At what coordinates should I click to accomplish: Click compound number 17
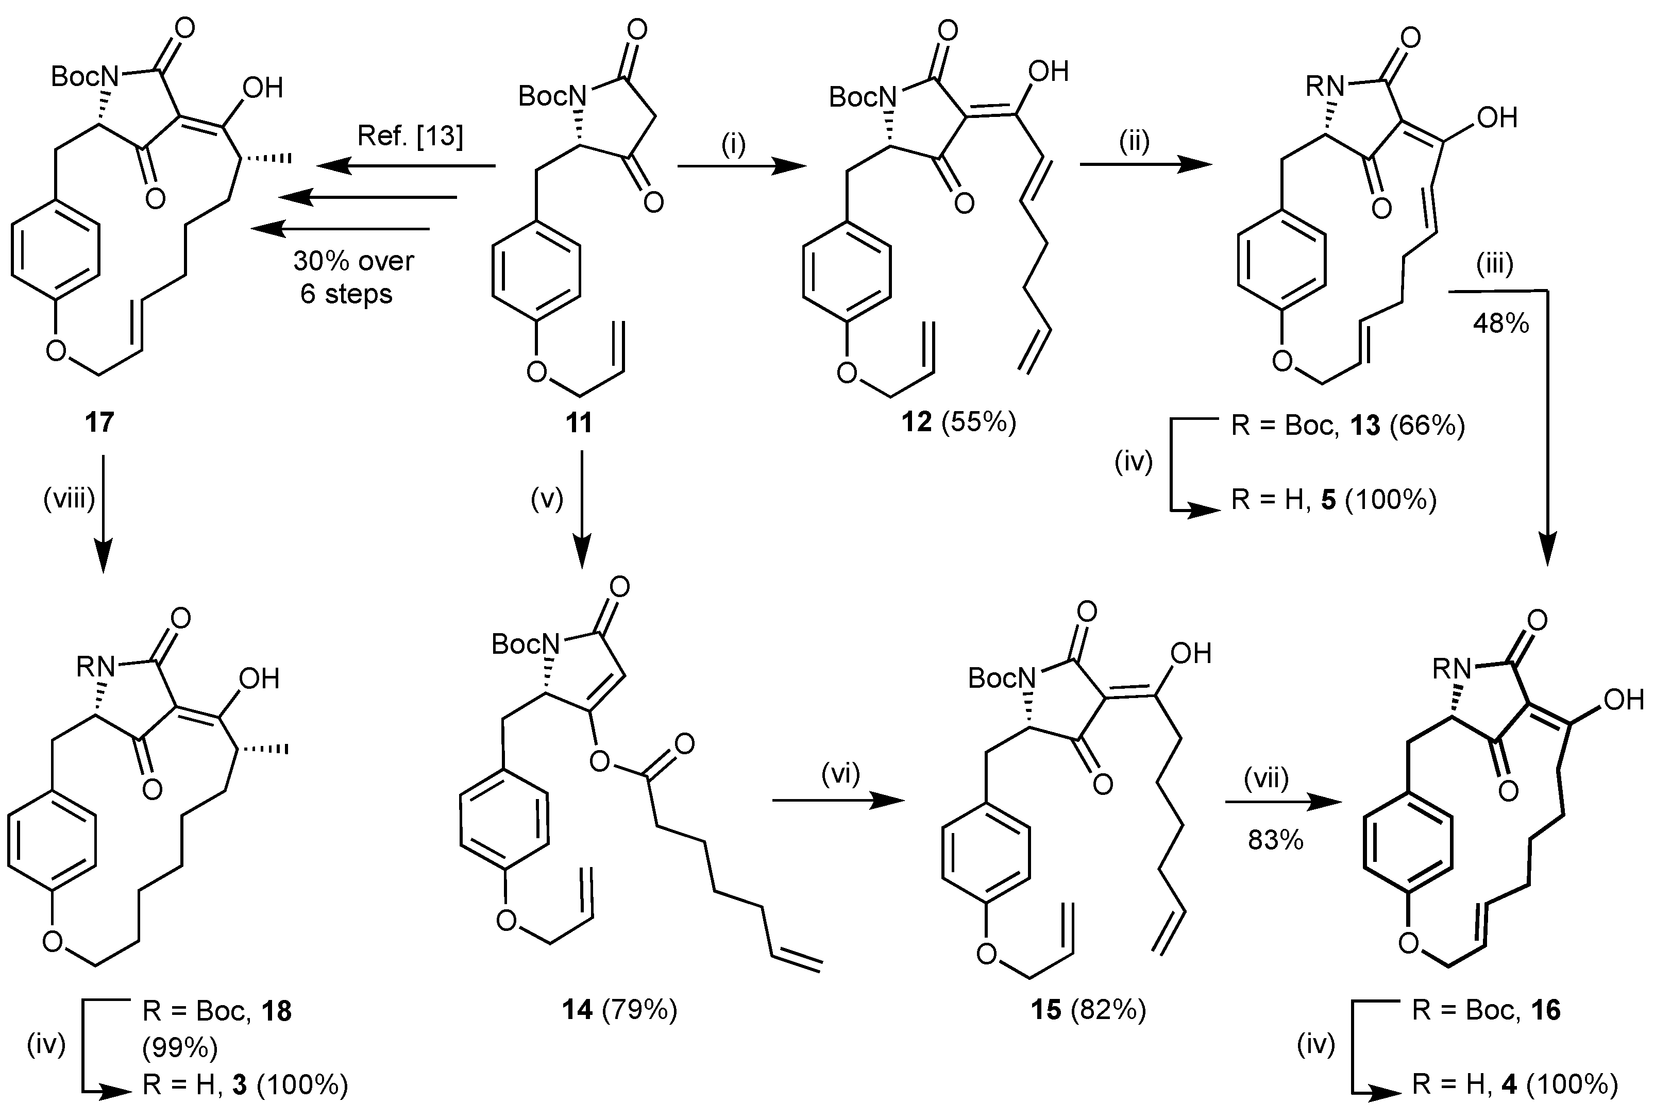99,422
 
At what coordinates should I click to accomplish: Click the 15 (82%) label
1088,1010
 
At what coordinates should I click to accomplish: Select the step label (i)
733,144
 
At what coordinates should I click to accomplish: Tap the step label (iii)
1493,265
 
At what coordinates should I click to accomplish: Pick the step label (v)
547,500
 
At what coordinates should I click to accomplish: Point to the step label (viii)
69,500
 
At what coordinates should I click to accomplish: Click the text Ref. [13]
410,135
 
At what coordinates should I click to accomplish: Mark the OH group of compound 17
263,88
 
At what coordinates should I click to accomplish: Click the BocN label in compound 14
525,644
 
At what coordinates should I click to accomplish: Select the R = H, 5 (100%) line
1334,500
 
